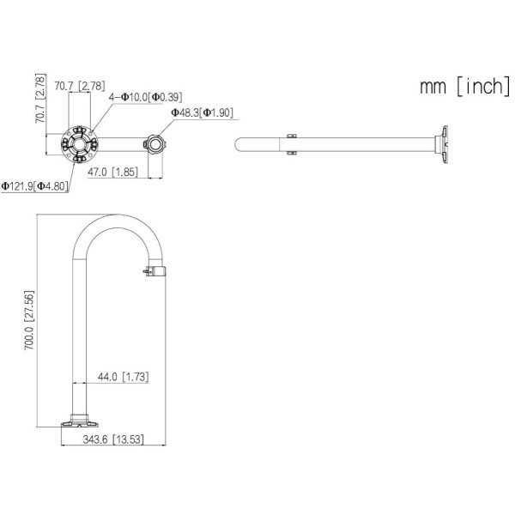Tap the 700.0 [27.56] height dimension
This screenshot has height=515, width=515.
click(x=32, y=322)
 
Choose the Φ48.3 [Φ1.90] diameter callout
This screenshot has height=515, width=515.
click(x=202, y=112)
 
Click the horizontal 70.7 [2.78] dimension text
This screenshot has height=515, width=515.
click(x=79, y=86)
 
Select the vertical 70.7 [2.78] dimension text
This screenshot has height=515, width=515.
click(x=39, y=100)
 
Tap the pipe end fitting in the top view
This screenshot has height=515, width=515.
click(x=155, y=142)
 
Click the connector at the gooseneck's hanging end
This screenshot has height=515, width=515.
click(x=154, y=272)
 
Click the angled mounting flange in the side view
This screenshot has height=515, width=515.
click(x=445, y=143)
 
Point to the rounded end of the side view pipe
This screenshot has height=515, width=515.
click(x=238, y=143)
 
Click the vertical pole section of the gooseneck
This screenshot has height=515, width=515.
click(x=80, y=335)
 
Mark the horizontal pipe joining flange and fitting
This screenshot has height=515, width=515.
click(x=120, y=142)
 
